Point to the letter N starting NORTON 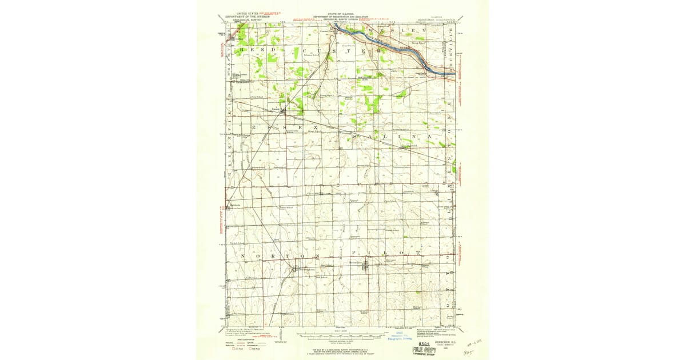(243, 255)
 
